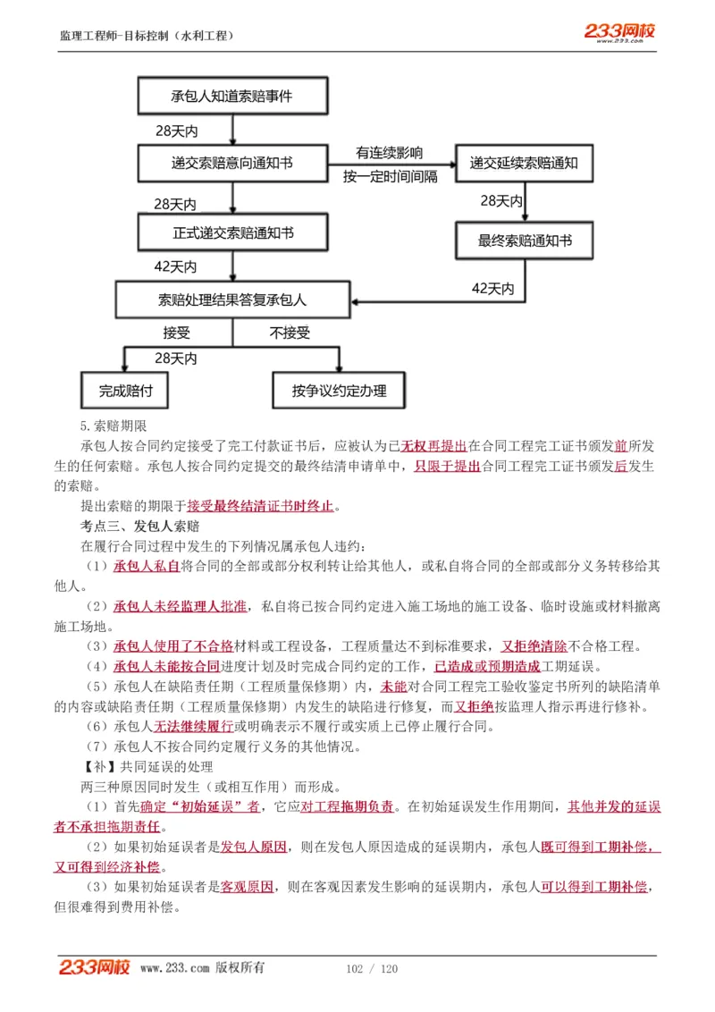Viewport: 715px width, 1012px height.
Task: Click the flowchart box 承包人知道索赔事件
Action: click(232, 96)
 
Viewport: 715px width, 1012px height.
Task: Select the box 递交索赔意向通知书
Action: click(232, 164)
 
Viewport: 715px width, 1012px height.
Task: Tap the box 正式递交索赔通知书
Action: click(232, 232)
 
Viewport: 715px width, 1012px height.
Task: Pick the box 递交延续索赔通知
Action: click(525, 164)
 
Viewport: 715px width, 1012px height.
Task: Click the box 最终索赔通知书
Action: click(525, 241)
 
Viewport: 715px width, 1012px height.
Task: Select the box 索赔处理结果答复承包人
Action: click(232, 299)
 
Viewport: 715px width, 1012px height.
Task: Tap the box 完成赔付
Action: click(124, 391)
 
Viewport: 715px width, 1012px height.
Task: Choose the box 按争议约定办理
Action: click(339, 391)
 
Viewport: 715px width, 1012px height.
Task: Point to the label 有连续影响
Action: click(390, 152)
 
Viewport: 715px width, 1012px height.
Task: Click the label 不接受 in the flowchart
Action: click(290, 333)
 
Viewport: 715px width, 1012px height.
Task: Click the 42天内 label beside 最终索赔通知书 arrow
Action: click(492, 288)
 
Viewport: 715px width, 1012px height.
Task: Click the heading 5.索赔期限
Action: click(113, 426)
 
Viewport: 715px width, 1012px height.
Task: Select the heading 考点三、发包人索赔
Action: click(140, 525)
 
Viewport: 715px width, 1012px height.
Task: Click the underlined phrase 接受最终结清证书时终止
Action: click(260, 506)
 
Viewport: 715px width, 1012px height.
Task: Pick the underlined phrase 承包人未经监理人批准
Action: click(180, 606)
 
